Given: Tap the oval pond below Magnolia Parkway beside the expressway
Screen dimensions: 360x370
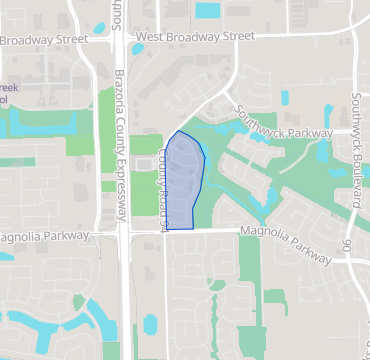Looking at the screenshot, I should (x=150, y=324).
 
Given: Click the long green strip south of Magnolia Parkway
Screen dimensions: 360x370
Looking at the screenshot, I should (x=249, y=290).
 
